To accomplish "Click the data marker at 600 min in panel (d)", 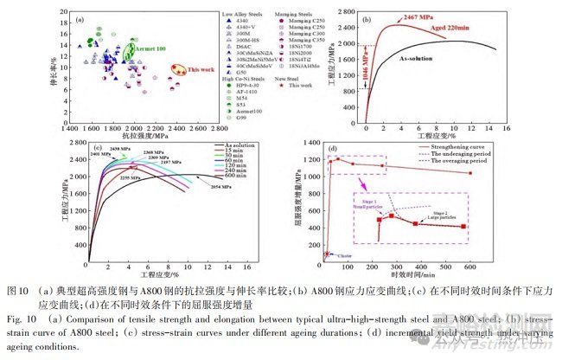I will [x=470, y=174].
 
